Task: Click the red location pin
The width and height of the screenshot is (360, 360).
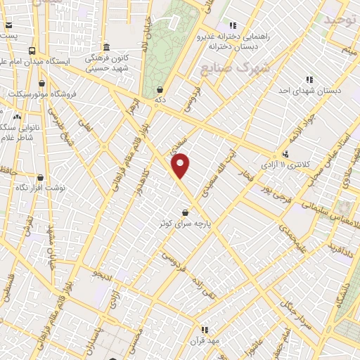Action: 181,165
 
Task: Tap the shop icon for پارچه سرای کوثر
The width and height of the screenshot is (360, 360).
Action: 185,212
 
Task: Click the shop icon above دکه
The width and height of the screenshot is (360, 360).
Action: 160,90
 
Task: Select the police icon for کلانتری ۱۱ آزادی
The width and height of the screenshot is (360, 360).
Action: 285,154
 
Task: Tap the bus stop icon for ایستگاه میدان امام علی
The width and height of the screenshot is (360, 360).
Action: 32,51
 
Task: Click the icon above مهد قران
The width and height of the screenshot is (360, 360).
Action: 205,329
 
